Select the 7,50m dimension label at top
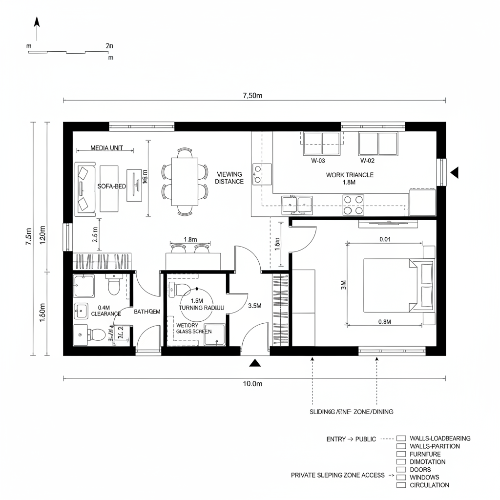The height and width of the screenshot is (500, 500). pyautogui.click(x=252, y=96)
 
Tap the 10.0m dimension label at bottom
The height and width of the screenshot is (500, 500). pyautogui.click(x=252, y=384)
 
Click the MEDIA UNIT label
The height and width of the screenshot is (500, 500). pyautogui.click(x=107, y=148)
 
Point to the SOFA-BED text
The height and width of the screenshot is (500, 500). pyautogui.click(x=112, y=187)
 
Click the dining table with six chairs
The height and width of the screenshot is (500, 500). pyautogui.click(x=185, y=181)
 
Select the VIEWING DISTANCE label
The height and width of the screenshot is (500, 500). pyautogui.click(x=229, y=178)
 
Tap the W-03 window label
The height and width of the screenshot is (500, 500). pyautogui.click(x=318, y=161)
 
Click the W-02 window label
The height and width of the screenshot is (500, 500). pyautogui.click(x=367, y=161)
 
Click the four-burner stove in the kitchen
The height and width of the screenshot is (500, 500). pyautogui.click(x=354, y=204)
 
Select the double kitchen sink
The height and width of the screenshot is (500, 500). pyautogui.click(x=297, y=204)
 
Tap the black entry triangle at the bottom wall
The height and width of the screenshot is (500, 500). pyautogui.click(x=254, y=362)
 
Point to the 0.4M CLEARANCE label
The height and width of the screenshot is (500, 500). pyautogui.click(x=105, y=311)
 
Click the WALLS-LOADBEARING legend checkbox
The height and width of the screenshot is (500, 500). pyautogui.click(x=401, y=438)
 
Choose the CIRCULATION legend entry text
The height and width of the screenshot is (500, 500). pyautogui.click(x=430, y=485)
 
